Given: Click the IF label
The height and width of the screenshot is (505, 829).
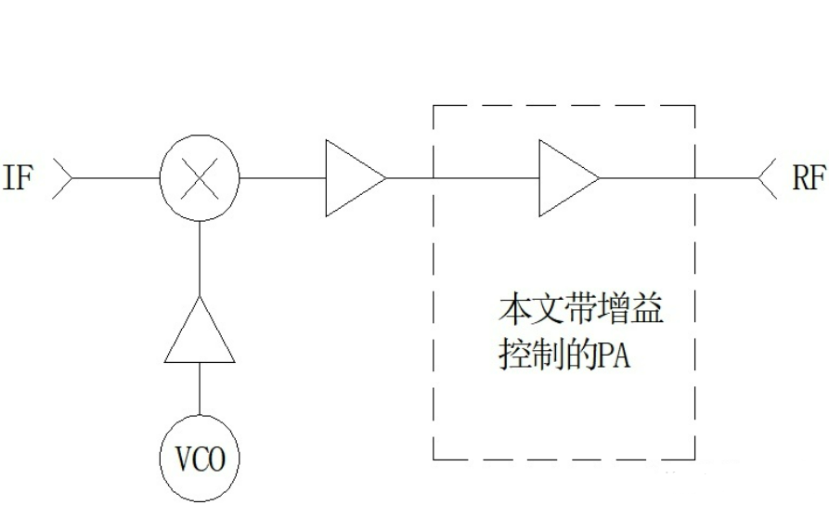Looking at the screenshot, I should click(18, 177).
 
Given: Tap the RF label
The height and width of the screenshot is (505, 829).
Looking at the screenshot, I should click(808, 177).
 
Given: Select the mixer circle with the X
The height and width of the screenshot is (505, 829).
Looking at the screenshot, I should click(199, 177).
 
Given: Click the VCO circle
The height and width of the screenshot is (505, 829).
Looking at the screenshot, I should click(199, 459).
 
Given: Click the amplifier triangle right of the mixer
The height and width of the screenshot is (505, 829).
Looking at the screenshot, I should click(354, 177).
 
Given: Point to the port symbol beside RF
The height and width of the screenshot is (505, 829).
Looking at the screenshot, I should click(767, 177).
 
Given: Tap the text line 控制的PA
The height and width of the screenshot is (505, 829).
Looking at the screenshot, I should click(563, 355).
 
